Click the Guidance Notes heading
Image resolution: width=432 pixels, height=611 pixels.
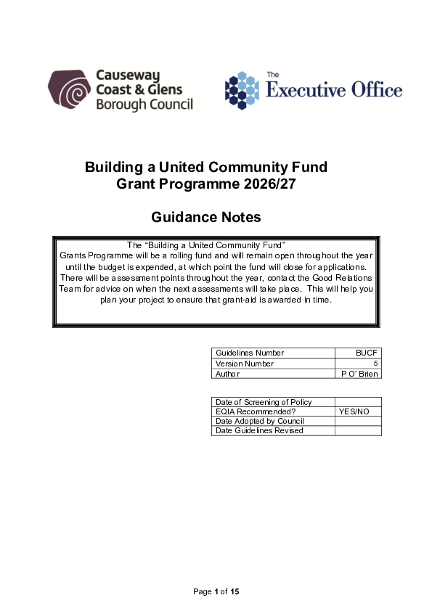pyautogui.click(x=205, y=217)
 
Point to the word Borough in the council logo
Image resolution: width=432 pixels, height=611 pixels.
pyautogui.click(x=122, y=104)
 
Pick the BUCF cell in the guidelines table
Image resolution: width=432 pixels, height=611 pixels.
pyautogui.click(x=367, y=353)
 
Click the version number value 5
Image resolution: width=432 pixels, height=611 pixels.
pyautogui.click(x=375, y=364)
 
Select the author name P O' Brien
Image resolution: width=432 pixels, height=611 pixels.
pyautogui.click(x=359, y=374)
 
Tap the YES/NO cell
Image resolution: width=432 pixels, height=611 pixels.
pyautogui.click(x=354, y=411)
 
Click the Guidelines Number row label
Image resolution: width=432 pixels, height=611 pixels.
pyautogui.click(x=250, y=353)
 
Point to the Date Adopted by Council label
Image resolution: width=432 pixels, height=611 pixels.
pyautogui.click(x=260, y=421)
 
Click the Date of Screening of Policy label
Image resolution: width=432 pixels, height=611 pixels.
pyautogui.click(x=264, y=402)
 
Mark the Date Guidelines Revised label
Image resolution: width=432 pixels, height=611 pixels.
pyautogui.click(x=259, y=430)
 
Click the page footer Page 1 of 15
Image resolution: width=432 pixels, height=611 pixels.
pyautogui.click(x=216, y=592)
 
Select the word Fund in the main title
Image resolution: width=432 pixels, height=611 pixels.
pyautogui.click(x=308, y=168)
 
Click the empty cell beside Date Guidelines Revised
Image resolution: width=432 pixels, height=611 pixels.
pyautogui.click(x=358, y=430)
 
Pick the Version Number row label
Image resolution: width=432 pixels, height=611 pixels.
pyautogui.click(x=245, y=364)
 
